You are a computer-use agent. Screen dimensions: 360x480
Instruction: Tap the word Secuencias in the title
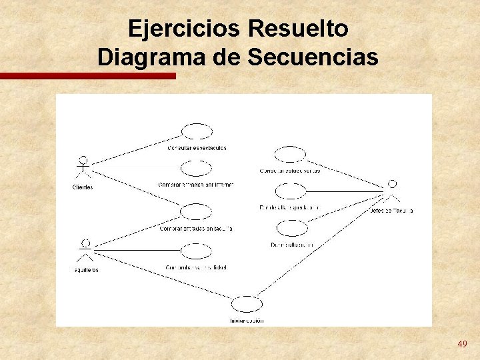[x=313, y=57]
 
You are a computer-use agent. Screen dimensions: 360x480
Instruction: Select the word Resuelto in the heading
[x=297, y=29]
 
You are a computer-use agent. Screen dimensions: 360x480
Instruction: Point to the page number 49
[x=462, y=344]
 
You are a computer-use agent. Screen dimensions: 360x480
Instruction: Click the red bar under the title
[x=87, y=76]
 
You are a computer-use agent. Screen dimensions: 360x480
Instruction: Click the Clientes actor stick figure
[x=83, y=169]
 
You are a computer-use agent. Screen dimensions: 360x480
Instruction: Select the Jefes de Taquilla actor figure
[x=393, y=191]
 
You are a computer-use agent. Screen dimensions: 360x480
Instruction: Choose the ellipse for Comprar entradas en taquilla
[x=196, y=212]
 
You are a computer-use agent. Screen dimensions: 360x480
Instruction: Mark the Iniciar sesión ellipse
[x=247, y=305]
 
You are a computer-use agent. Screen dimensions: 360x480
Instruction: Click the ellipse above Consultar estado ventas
[x=290, y=155]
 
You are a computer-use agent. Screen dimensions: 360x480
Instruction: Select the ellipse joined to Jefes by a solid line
[x=290, y=192]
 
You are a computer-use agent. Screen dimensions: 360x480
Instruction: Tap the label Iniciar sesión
[x=247, y=320]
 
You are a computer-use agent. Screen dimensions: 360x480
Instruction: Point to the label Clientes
[x=83, y=187]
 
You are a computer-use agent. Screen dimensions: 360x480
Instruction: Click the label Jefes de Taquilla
[x=391, y=211]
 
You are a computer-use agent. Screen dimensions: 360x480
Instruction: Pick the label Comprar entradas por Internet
[x=196, y=185]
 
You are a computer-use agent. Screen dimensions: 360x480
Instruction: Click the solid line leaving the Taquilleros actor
[x=140, y=250]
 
